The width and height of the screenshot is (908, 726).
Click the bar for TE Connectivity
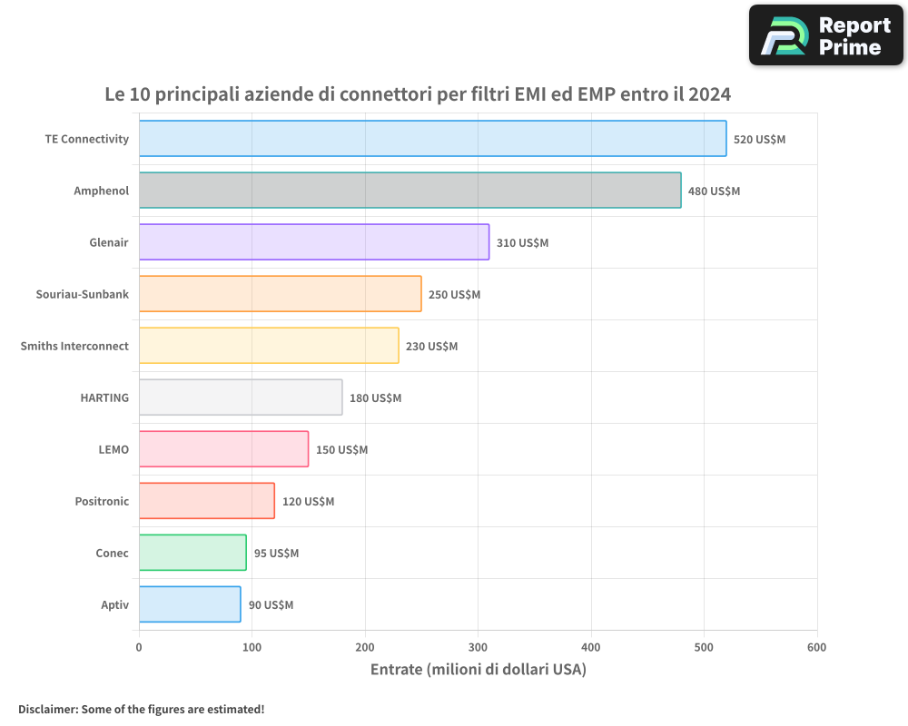[x=432, y=139]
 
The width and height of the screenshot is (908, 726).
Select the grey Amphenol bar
[x=410, y=191]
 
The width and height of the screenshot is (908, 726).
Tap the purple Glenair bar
[x=313, y=242]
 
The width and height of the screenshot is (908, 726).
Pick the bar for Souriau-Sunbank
[x=280, y=294]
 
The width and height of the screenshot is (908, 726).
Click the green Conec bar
[x=192, y=553]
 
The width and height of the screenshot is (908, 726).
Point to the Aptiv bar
[x=190, y=604]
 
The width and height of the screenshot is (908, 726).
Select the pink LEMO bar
[x=223, y=449]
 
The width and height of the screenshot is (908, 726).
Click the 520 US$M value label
[x=759, y=140]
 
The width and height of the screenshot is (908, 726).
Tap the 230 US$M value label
[x=431, y=347]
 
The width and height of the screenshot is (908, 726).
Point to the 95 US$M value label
[x=276, y=554]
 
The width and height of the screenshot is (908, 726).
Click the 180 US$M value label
[x=375, y=398]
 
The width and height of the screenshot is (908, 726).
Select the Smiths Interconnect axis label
[x=74, y=346]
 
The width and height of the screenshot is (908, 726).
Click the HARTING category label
[x=104, y=397]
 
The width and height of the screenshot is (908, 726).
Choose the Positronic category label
[x=102, y=501]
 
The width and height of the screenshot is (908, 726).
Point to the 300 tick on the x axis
[x=478, y=647]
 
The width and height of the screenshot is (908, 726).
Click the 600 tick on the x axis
[x=816, y=647]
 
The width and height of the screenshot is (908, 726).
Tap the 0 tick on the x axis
[x=139, y=647]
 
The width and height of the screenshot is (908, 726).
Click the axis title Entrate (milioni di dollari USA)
[x=478, y=670]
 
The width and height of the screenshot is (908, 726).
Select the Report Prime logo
[x=825, y=35]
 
